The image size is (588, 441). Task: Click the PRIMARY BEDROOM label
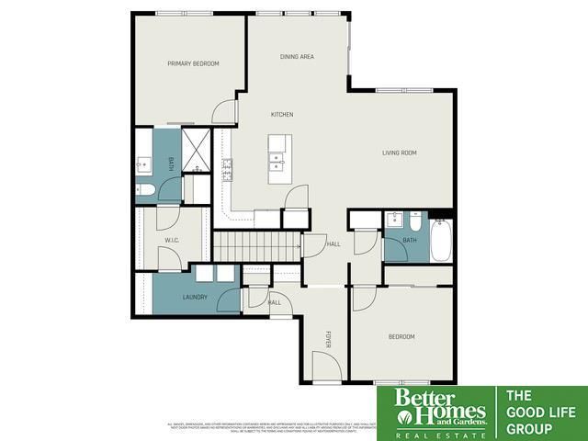[x=193, y=63]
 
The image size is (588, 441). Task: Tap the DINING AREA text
[x=297, y=57]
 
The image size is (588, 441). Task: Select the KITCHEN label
[x=281, y=114]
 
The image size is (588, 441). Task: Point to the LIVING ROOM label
[x=400, y=153]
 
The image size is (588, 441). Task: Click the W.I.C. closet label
[x=171, y=240]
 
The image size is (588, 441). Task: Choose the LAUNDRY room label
[x=194, y=297]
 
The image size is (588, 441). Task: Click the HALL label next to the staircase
[x=334, y=243]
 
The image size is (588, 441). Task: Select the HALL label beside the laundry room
[x=274, y=301]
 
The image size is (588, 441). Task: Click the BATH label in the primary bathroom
[x=170, y=164]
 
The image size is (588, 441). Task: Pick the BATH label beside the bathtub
[x=409, y=241]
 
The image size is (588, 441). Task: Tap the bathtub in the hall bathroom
[x=441, y=239]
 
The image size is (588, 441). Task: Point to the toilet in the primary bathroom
[x=144, y=191]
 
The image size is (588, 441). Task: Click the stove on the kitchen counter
[x=226, y=169]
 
